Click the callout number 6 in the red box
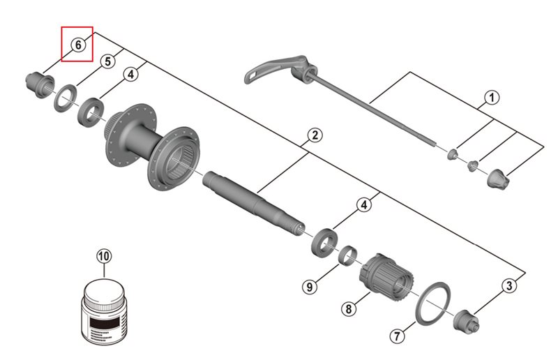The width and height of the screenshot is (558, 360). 77,45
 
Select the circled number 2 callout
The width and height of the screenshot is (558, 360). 315,135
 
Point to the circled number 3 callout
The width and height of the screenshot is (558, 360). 510,285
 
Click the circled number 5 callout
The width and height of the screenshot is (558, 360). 107,61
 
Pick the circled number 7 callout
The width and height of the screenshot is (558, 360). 395,336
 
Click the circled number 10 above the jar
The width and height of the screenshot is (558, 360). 103,257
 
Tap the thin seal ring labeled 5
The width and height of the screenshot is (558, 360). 66,96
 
